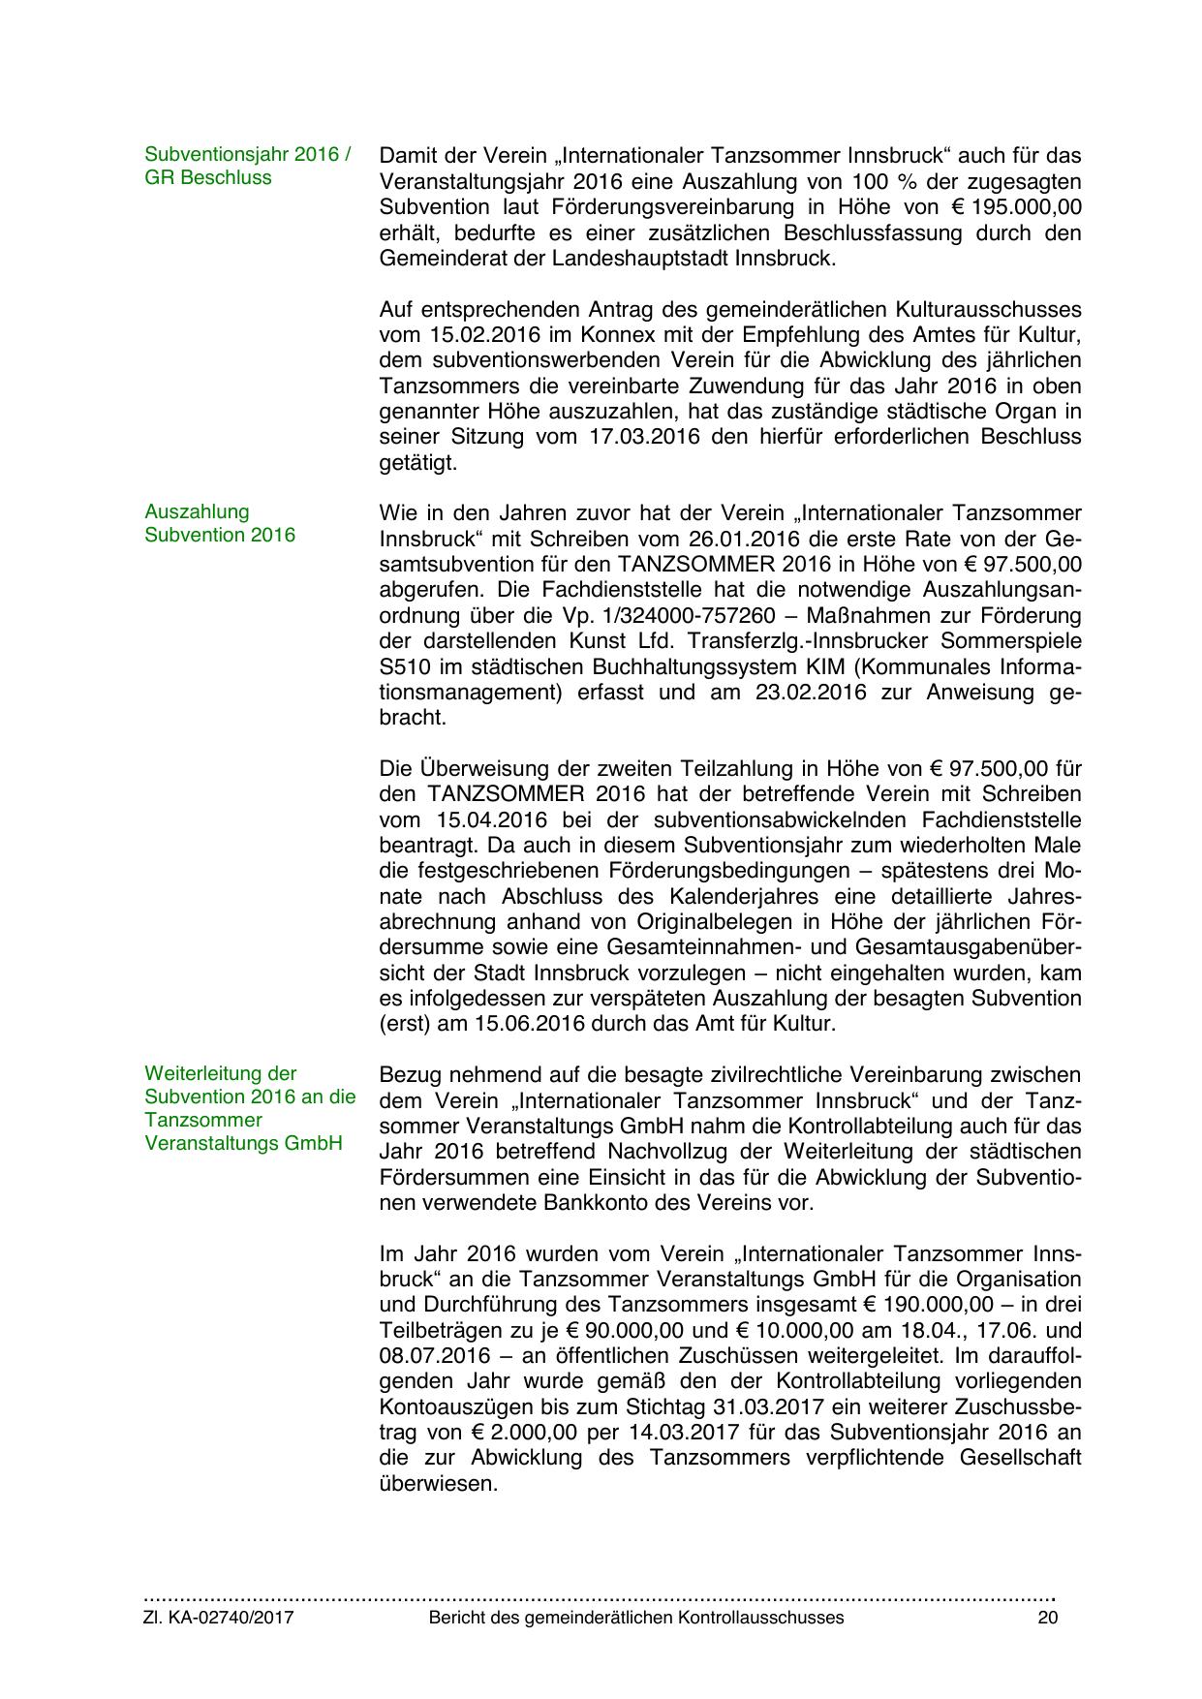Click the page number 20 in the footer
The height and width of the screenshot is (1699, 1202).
coord(1047,1618)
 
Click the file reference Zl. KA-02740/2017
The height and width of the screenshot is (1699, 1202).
coord(219,1618)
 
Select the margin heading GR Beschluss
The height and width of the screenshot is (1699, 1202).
coord(207,177)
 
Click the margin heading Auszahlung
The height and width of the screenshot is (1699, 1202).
coord(197,511)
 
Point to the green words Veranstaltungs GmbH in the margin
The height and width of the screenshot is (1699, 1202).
coord(243,1143)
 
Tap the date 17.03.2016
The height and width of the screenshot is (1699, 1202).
coord(648,437)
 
